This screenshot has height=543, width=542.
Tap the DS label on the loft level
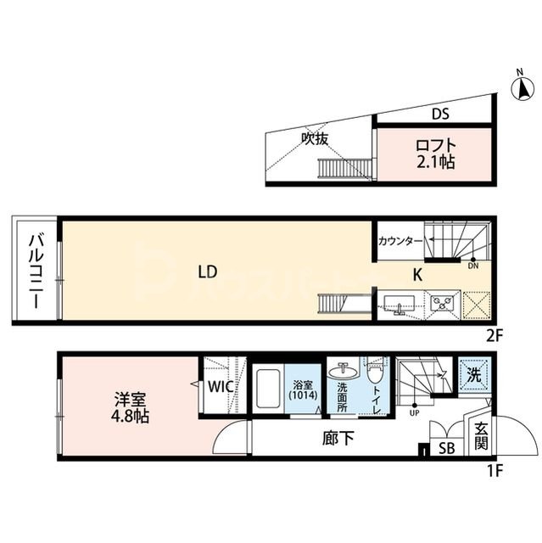tap(439, 114)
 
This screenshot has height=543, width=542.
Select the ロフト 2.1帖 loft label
tap(434, 153)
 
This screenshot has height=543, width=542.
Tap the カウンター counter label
tap(400, 242)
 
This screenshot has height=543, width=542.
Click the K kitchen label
tap(417, 273)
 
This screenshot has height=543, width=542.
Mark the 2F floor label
tap(495, 333)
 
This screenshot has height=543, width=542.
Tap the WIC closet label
tap(222, 387)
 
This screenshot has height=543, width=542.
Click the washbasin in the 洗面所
tap(345, 371)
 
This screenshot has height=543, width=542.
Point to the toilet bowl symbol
tap(374, 373)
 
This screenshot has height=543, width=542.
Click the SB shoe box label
tap(444, 448)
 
